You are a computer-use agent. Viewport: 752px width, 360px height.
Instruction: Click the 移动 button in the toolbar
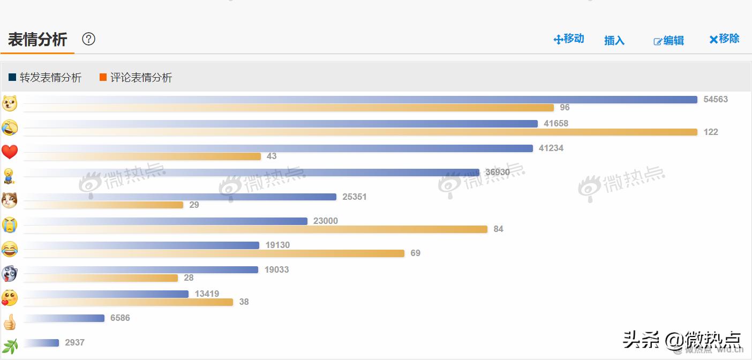pos(569,39)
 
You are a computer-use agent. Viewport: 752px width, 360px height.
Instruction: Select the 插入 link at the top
pos(614,40)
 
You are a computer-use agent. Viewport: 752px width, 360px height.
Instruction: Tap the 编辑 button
pos(669,41)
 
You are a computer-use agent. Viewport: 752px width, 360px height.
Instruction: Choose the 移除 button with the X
pos(724,39)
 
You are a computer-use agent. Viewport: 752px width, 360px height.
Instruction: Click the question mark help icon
pos(88,39)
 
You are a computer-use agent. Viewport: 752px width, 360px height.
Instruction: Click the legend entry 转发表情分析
pos(45,78)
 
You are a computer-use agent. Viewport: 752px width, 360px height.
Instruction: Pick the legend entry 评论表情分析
pos(136,78)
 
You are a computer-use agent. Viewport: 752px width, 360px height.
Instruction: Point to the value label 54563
pos(716,100)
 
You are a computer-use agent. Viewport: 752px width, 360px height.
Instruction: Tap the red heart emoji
pos(10,152)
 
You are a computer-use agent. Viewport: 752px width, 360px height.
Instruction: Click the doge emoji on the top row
pos(10,103)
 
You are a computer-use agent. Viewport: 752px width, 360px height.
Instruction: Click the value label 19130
pos(277,245)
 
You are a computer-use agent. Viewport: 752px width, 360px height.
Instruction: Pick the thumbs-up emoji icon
pos(10,322)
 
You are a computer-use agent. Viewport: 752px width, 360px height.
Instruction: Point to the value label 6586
pos(120,318)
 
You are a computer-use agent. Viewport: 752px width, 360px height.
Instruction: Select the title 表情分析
pos(37,40)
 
